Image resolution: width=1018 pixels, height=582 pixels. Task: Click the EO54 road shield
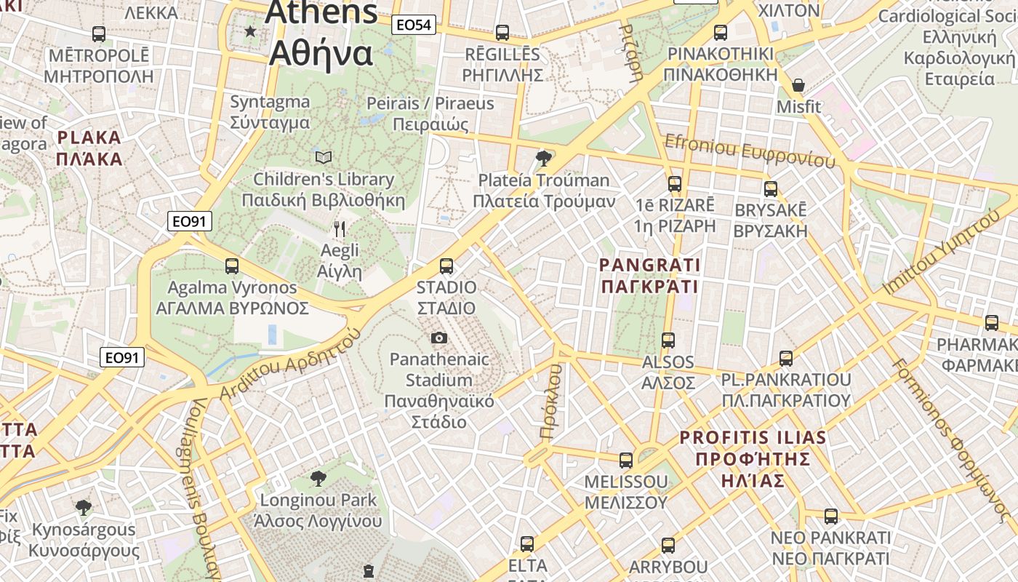point(413,25)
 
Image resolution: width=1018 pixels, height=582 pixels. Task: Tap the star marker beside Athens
point(251,31)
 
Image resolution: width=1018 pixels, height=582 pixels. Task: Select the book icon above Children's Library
point(324,157)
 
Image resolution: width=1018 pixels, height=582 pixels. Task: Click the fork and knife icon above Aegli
point(340,229)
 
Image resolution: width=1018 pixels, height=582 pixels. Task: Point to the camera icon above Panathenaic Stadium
point(438,338)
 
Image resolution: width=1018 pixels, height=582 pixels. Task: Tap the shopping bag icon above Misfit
point(798,86)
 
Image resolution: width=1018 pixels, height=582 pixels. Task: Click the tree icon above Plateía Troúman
point(542,158)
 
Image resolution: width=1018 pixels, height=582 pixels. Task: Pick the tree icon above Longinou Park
point(318,478)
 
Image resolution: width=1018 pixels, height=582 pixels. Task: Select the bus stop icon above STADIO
point(446,266)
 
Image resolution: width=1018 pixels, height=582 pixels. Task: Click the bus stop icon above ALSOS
point(668,340)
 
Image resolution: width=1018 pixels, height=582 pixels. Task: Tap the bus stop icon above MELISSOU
point(625,460)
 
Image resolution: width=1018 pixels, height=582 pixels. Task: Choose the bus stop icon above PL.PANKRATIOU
point(785,358)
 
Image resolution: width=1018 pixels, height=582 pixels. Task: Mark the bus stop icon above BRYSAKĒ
point(771,189)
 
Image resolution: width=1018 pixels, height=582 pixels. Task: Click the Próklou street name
point(552,402)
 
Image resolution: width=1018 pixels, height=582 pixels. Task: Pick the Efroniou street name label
point(750,151)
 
